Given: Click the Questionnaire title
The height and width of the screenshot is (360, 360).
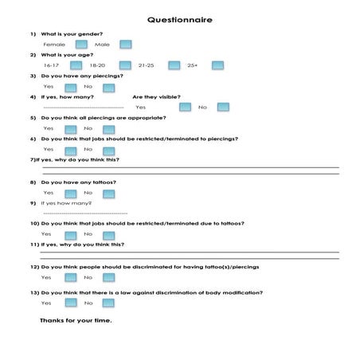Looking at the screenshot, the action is pyautogui.click(x=179, y=19).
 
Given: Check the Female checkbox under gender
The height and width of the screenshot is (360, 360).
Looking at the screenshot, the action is pyautogui.click(x=79, y=45).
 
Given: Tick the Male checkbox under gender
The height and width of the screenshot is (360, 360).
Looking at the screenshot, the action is pyautogui.click(x=125, y=45).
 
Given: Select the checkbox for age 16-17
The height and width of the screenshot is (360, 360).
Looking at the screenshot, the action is pyautogui.click(x=79, y=65).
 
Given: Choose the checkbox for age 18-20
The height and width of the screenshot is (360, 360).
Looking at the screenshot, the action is pyautogui.click(x=125, y=65).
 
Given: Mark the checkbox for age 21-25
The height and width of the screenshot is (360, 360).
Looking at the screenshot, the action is pyautogui.click(x=170, y=65).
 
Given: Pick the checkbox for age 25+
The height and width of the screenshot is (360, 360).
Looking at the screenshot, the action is pyautogui.click(x=216, y=65).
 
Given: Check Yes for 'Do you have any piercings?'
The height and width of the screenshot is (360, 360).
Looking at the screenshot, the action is pyautogui.click(x=70, y=86).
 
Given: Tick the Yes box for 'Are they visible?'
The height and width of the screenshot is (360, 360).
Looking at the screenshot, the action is pyautogui.click(x=186, y=107).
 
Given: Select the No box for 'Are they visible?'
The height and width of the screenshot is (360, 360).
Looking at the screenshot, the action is pyautogui.click(x=223, y=107).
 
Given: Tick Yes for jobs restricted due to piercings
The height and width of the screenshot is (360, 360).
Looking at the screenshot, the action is pyautogui.click(x=70, y=149).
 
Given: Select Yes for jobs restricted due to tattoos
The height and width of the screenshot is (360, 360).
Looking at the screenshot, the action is pyautogui.click(x=70, y=234).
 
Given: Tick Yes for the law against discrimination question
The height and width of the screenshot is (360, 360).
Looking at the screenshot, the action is pyautogui.click(x=70, y=303).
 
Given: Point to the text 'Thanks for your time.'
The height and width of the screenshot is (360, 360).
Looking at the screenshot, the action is pyautogui.click(x=76, y=321).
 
